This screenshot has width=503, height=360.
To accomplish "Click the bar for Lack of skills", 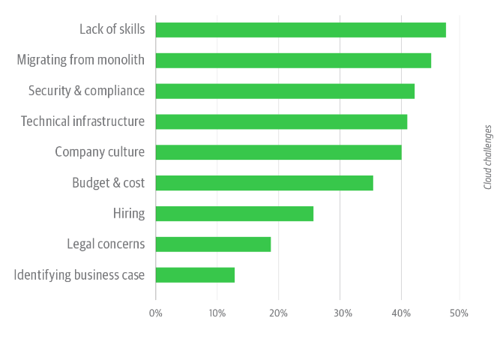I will (x=301, y=30).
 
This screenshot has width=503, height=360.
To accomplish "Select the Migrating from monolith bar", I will (x=293, y=61).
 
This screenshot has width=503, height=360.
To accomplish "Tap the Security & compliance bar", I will (x=285, y=91).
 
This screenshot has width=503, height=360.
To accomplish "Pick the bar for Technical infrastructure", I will (x=281, y=121).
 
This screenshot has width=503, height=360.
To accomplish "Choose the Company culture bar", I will (x=278, y=152).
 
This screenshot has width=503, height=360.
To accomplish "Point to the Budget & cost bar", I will (x=264, y=183).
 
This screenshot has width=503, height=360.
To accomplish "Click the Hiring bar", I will (x=235, y=214).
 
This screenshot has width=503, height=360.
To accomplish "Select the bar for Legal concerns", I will (x=213, y=244).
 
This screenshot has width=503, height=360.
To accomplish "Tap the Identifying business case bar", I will (x=195, y=275).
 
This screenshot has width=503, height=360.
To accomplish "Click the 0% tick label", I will (x=156, y=313).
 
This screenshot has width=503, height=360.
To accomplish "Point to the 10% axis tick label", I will (x=217, y=313).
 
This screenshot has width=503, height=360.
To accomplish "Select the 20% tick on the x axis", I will (x=278, y=313).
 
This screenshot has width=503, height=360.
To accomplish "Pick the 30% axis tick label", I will (x=340, y=313).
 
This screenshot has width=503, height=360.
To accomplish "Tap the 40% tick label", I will (x=400, y=313).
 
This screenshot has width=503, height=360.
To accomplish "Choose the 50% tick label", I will (x=460, y=313).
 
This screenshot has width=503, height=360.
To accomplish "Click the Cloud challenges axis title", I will (x=488, y=157).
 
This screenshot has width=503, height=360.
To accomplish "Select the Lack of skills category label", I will (x=112, y=29).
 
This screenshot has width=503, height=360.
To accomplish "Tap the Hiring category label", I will (x=128, y=214).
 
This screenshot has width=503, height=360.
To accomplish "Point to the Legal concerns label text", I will (x=106, y=244).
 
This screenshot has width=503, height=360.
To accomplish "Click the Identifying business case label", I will (x=79, y=275).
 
